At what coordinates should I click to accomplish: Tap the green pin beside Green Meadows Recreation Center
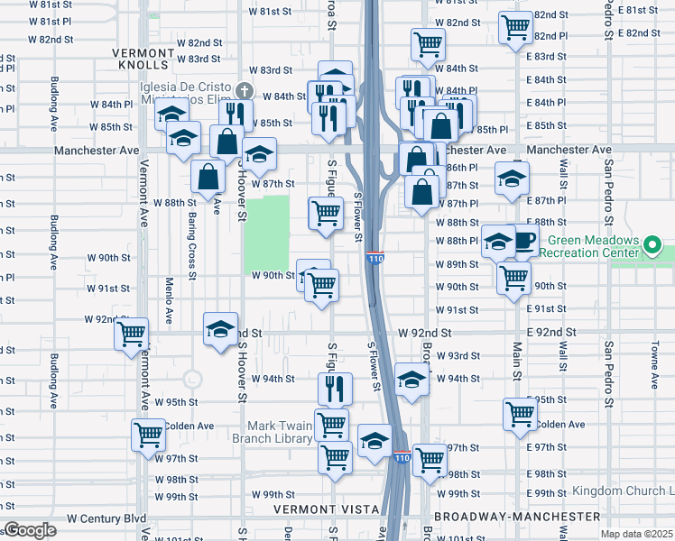pos(653,245)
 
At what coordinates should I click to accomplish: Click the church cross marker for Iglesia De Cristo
pos(245,91)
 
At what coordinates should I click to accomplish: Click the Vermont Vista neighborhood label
pos(328,509)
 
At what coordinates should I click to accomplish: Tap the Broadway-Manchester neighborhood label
pos(517,517)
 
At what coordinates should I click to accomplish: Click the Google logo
pos(29,530)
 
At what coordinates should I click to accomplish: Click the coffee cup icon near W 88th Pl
pos(524,241)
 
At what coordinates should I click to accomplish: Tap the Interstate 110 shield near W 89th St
pos(375,259)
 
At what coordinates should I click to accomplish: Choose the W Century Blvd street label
pos(106,518)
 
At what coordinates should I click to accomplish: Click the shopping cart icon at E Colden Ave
pos(520,414)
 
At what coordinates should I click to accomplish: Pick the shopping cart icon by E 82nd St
pos(515,27)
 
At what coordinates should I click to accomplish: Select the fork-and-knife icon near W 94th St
pos(335,389)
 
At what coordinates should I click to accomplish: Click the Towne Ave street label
pos(652,353)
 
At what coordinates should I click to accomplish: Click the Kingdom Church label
pos(622,491)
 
